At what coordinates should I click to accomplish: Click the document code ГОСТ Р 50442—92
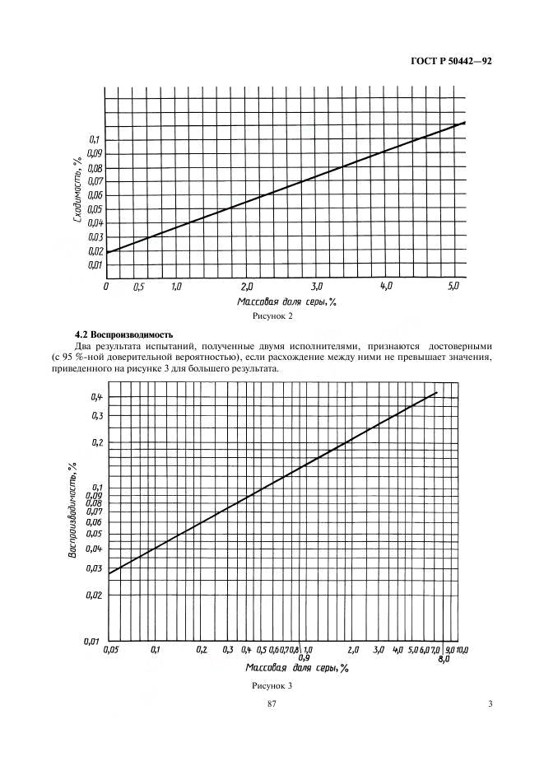(451, 62)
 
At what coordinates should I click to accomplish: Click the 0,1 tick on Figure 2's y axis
(94, 140)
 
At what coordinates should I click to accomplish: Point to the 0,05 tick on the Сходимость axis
(95, 209)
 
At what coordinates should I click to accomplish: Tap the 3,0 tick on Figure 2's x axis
(316, 287)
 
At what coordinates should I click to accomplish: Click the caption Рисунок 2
(272, 316)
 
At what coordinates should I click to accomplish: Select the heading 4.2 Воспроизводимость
(123, 336)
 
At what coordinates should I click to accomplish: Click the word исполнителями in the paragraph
(328, 346)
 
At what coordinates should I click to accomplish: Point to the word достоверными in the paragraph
(461, 346)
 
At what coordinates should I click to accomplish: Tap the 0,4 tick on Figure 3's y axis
(96, 397)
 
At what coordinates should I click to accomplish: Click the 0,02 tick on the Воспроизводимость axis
(94, 596)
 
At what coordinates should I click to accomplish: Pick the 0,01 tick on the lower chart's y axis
(92, 641)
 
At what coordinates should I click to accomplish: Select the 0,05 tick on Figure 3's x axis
(112, 650)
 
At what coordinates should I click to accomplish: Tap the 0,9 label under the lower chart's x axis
(305, 658)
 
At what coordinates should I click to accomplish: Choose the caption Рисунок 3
(272, 685)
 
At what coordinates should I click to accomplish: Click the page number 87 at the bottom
(272, 704)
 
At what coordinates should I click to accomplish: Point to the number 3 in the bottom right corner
(490, 704)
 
